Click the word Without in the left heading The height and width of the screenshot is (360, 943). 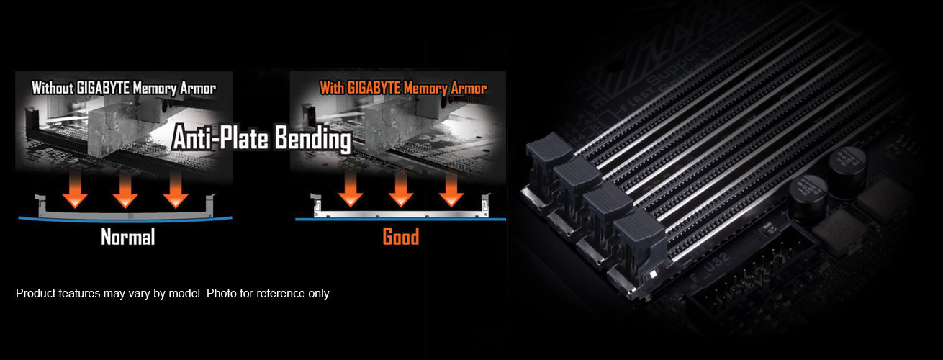point(53,89)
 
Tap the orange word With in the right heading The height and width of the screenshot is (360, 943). point(332,88)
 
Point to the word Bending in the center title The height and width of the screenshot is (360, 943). point(313,138)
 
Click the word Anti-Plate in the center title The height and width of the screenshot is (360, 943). point(220,138)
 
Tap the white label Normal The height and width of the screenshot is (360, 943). point(128,237)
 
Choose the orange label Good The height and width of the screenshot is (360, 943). point(401,237)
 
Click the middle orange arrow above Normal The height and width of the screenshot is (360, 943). point(125,189)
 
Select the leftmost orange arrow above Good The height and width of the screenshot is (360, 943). point(351,189)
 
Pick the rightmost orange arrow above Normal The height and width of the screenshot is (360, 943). point(176,189)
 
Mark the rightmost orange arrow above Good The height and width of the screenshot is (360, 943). point(451,189)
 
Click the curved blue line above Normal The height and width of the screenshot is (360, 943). point(125,220)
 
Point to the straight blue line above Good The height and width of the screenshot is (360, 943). point(400,220)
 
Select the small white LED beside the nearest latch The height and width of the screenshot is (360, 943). point(653,274)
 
